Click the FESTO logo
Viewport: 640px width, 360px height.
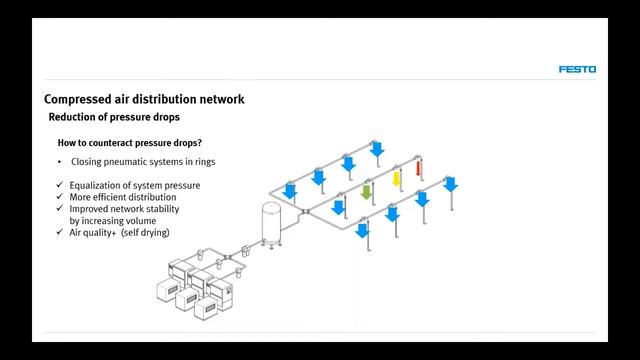click(577, 69)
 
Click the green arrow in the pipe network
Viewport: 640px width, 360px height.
click(366, 190)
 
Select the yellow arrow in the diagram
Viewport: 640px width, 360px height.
click(396, 179)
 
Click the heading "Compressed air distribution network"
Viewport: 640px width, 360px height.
click(144, 99)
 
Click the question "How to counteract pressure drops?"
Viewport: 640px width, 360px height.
click(129, 143)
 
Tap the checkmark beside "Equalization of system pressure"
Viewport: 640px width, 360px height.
click(61, 185)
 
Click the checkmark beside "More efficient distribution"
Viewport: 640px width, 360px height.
click(61, 197)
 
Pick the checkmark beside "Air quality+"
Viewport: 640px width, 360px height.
click(61, 232)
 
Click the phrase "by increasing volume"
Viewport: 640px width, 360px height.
click(111, 220)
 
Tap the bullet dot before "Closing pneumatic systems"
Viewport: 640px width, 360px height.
click(60, 162)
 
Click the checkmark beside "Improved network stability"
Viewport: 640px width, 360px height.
click(61, 209)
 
